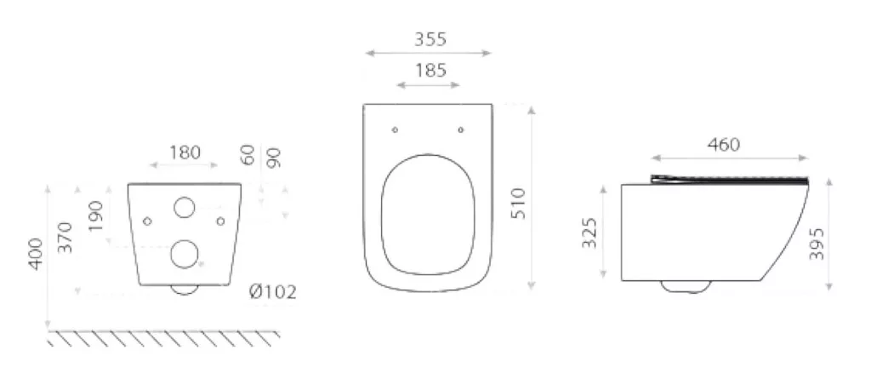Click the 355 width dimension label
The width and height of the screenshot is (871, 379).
[430, 39]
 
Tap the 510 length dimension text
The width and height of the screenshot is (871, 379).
[517, 204]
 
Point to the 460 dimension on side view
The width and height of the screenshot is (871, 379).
[724, 145]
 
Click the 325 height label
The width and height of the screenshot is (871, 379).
[589, 233]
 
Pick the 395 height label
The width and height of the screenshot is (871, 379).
[816, 244]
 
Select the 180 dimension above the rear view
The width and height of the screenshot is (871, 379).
[185, 152]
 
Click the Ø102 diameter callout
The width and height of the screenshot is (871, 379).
[273, 292]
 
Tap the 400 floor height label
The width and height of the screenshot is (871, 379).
[36, 255]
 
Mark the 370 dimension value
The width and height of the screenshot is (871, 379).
[65, 237]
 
